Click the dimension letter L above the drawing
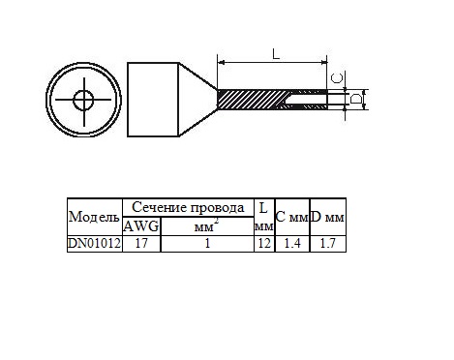click(276, 54)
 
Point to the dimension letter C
click(338, 78)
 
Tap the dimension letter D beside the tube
click(356, 99)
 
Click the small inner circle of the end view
click(84, 100)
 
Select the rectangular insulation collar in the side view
click(153, 100)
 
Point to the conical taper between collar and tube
click(198, 100)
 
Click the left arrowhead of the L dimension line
click(221, 62)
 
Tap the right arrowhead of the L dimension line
click(323, 62)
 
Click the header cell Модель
click(94, 217)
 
